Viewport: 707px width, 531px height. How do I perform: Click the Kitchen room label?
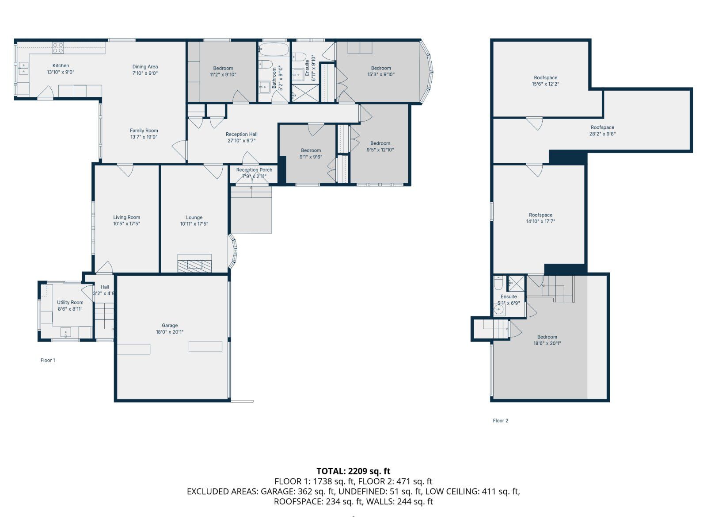[x=61, y=65]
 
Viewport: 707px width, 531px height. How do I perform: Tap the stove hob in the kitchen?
[x=58, y=47]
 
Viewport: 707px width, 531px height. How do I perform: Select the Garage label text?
[x=169, y=325]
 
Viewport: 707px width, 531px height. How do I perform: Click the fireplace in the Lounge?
[x=194, y=265]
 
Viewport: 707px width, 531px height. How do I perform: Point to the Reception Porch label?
[x=254, y=170]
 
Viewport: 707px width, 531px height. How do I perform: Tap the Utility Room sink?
[x=66, y=332]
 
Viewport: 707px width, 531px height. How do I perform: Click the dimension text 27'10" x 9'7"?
[x=241, y=141]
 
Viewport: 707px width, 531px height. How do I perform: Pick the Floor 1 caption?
[x=48, y=360]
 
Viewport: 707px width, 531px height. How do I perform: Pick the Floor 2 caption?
[x=501, y=420]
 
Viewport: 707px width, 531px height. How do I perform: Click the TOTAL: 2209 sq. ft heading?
[x=353, y=471]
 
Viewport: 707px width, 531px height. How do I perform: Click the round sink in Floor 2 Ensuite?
[x=499, y=310]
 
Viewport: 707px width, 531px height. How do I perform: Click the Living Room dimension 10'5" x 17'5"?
[x=126, y=224]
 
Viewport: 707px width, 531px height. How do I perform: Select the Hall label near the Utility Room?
[x=104, y=287]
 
